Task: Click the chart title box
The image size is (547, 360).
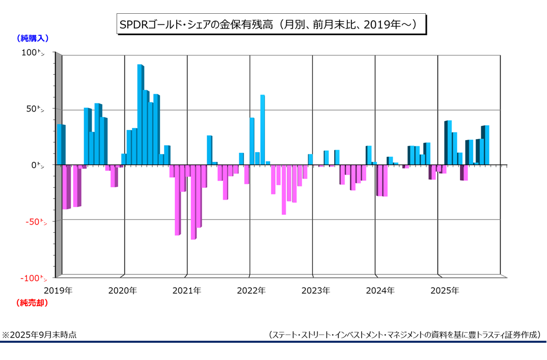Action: pyautogui.click(x=270, y=24)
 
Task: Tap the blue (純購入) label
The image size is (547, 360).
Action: pyautogui.click(x=33, y=38)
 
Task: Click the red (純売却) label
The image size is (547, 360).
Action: pyautogui.click(x=33, y=303)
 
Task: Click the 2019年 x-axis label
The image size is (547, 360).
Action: pyautogui.click(x=58, y=291)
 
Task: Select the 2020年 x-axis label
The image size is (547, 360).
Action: pyautogui.click(x=122, y=291)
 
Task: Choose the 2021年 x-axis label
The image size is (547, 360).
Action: pyautogui.click(x=186, y=291)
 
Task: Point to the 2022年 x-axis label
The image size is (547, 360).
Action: pyautogui.click(x=251, y=291)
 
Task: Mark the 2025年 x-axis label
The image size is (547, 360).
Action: pyautogui.click(x=445, y=291)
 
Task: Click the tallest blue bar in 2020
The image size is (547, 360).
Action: pyautogui.click(x=140, y=115)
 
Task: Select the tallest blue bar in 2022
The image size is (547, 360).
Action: pyautogui.click(x=262, y=130)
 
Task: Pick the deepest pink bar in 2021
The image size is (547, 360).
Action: pyautogui.click(x=193, y=202)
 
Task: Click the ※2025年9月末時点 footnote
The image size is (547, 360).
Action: pyautogui.click(x=40, y=335)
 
